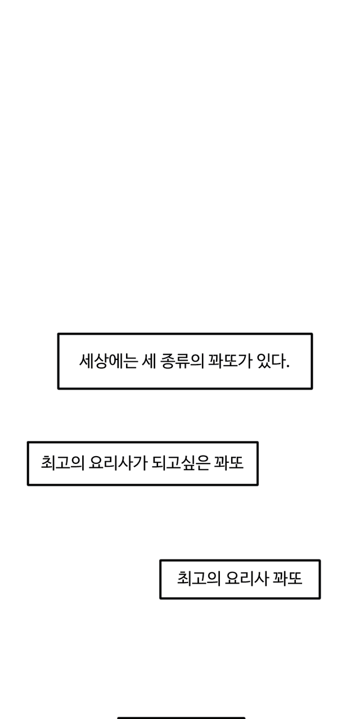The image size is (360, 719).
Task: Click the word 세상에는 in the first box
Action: [x=109, y=361]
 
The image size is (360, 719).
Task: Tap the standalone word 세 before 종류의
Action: [x=150, y=361]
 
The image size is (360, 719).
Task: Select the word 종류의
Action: [x=182, y=361]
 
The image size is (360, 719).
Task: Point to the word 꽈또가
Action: [x=230, y=361]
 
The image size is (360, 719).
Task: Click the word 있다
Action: [x=271, y=361]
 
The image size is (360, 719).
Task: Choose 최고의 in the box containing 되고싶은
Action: [x=62, y=463]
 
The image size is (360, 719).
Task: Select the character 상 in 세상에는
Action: [x=101, y=361]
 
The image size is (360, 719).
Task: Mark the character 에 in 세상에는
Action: [x=116, y=361]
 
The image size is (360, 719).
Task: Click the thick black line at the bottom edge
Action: [x=181, y=718]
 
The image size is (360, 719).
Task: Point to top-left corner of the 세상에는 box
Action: [x=58, y=334]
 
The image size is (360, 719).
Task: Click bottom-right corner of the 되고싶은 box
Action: [x=258, y=485]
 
